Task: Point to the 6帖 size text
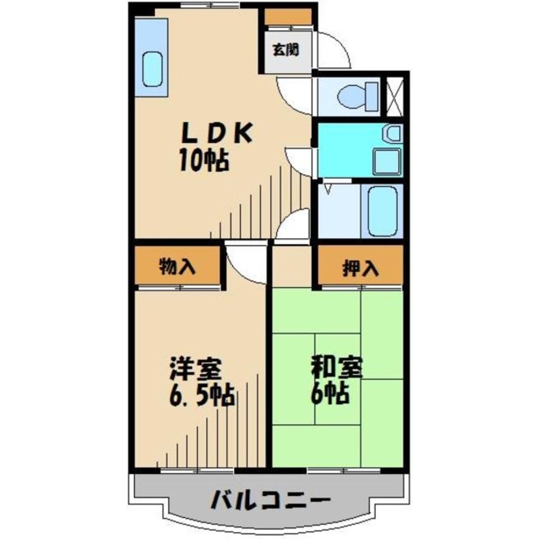click(x=329, y=395)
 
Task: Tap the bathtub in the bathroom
click(x=383, y=211)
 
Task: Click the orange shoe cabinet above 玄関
click(x=288, y=17)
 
